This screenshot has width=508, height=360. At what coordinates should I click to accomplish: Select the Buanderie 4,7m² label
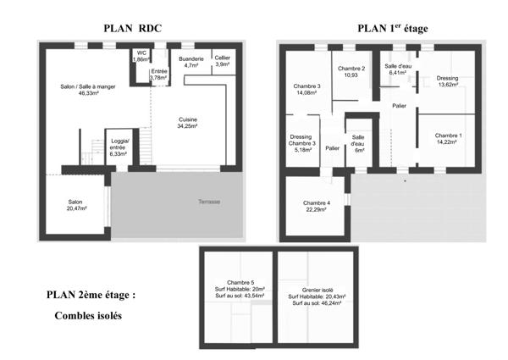click(190, 61)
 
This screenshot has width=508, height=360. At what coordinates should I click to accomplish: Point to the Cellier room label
click(223, 61)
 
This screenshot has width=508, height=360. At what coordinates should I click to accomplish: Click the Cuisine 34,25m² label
click(188, 123)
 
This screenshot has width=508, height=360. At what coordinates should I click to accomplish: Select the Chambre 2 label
click(351, 72)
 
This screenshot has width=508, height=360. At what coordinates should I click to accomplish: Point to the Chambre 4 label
click(317, 205)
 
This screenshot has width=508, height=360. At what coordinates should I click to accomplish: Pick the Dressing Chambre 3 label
click(301, 144)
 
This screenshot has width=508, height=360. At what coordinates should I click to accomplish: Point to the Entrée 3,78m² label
click(158, 75)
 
